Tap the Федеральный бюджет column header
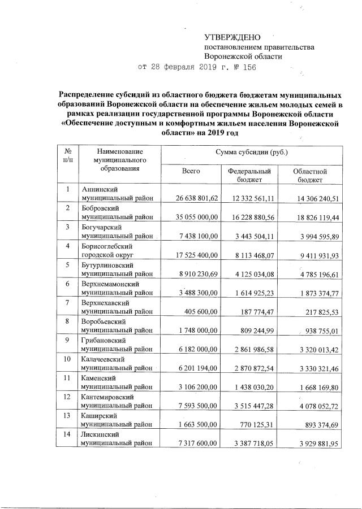[249, 175]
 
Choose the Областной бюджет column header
[310, 175]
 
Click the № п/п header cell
[68, 156]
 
